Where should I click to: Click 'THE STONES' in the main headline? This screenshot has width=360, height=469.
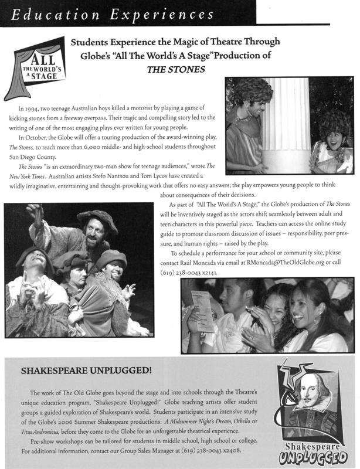(x=176, y=69)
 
